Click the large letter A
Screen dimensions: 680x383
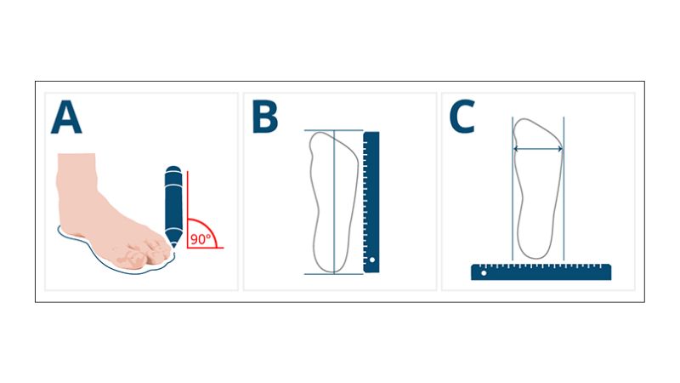[66, 117]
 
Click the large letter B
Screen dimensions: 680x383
[264, 117]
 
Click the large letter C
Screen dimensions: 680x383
[462, 117]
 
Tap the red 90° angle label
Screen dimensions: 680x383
[201, 239]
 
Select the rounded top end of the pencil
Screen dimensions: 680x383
[173, 169]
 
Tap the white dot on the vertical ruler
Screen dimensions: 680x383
[372, 260]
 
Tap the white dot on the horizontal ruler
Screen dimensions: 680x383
[484, 273]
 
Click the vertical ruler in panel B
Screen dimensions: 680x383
[371, 202]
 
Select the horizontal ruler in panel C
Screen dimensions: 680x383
[541, 272]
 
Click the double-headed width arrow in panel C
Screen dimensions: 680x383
[538, 149]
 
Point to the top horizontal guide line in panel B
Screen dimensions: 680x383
[333, 130]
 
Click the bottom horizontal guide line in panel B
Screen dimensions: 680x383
[333, 274]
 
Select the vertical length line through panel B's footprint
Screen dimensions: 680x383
[334, 202]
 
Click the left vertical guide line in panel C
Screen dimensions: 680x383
[513, 189]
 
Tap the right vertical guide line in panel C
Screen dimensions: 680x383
[564, 189]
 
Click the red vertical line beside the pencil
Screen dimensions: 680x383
[187, 209]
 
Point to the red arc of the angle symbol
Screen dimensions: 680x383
[210, 226]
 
